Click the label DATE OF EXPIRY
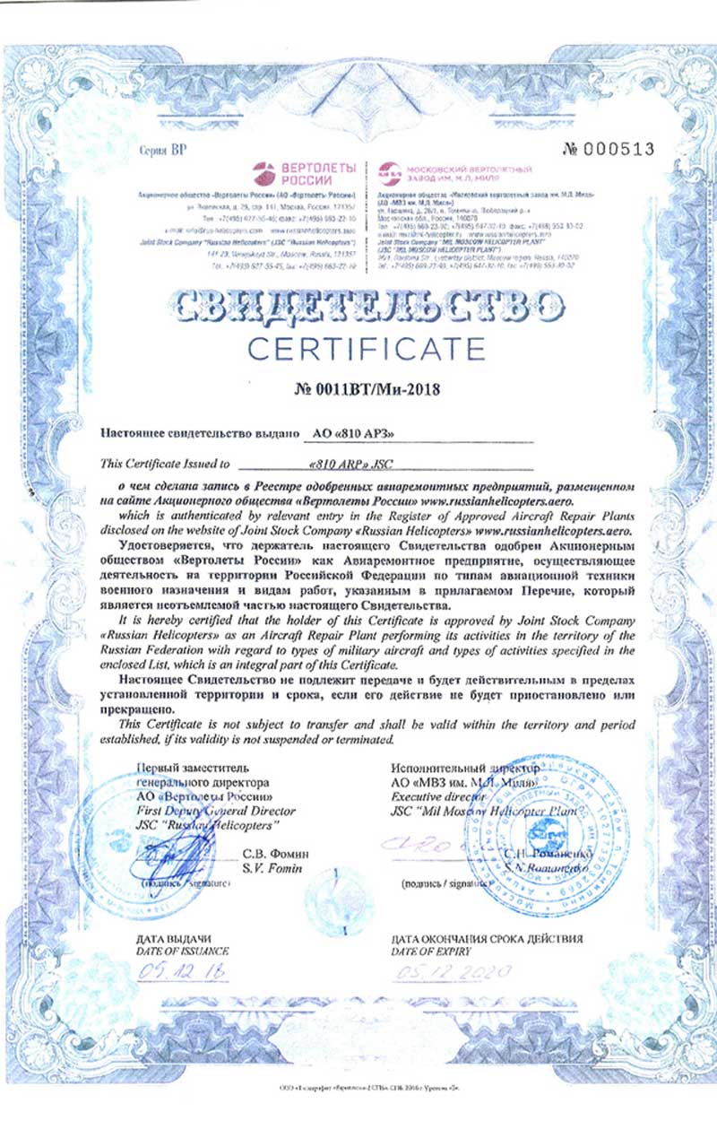click(431, 950)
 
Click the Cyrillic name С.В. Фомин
click(272, 855)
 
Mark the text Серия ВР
click(162, 149)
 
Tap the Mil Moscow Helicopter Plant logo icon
click(387, 170)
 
